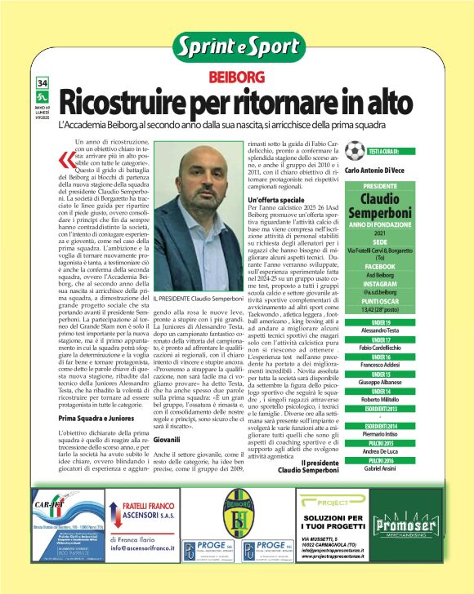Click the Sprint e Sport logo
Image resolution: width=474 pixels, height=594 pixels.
pyautogui.click(x=236, y=46)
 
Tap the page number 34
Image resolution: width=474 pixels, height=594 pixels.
pyautogui.click(x=42, y=83)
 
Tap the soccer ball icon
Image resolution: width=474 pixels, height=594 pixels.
pyautogui.click(x=354, y=151)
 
